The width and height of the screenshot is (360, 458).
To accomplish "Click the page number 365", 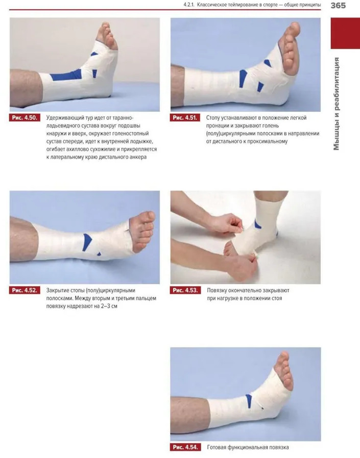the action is pyautogui.click(x=338, y=5).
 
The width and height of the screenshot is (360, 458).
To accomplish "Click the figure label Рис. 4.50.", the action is pyautogui.click(x=25, y=118).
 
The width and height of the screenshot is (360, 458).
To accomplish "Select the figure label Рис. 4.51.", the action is pyautogui.click(x=185, y=118).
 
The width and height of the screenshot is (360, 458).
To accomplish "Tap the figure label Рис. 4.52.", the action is pyautogui.click(x=25, y=290).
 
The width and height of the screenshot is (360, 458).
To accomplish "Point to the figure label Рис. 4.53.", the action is pyautogui.click(x=185, y=290).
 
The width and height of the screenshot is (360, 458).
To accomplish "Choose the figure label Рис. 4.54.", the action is pyautogui.click(x=185, y=447).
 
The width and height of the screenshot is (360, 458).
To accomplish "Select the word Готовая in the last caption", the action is pyautogui.click(x=217, y=447).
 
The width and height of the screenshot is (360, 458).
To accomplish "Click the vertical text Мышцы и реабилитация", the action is pyautogui.click(x=337, y=104).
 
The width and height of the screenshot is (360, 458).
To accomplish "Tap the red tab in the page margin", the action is pyautogui.click(x=345, y=33).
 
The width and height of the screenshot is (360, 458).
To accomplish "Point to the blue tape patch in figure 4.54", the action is pyautogui.click(x=249, y=401).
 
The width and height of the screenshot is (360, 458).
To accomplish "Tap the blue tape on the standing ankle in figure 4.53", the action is pyautogui.click(x=257, y=224).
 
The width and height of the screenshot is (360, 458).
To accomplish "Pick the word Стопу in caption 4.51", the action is pyautogui.click(x=213, y=118).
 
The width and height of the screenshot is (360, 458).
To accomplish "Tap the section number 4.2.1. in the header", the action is pyautogui.click(x=189, y=5).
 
